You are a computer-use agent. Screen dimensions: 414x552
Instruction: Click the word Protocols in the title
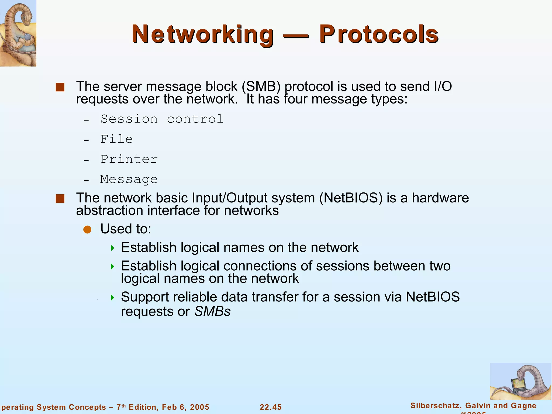coord(379,34)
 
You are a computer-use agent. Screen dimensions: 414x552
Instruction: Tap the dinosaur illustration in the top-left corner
coord(18,33)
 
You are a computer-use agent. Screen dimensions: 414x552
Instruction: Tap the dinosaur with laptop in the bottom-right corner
coord(520,381)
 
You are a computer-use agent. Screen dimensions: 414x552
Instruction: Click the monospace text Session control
coord(162,119)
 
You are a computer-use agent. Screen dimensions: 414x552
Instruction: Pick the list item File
coord(117,139)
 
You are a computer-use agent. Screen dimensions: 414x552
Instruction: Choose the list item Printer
coord(129,159)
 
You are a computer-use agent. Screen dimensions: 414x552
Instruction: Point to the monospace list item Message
coord(129,180)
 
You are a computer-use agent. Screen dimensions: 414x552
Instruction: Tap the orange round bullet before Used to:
coord(87,230)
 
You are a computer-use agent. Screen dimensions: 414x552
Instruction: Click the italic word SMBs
coord(212,312)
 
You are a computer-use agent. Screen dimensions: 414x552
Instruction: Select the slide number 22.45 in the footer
coord(271,407)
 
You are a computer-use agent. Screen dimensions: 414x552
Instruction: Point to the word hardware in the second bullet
coord(440,198)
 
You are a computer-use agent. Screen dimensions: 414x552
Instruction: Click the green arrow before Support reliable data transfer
coord(113,298)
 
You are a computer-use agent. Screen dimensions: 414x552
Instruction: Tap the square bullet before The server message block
coord(60,87)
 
